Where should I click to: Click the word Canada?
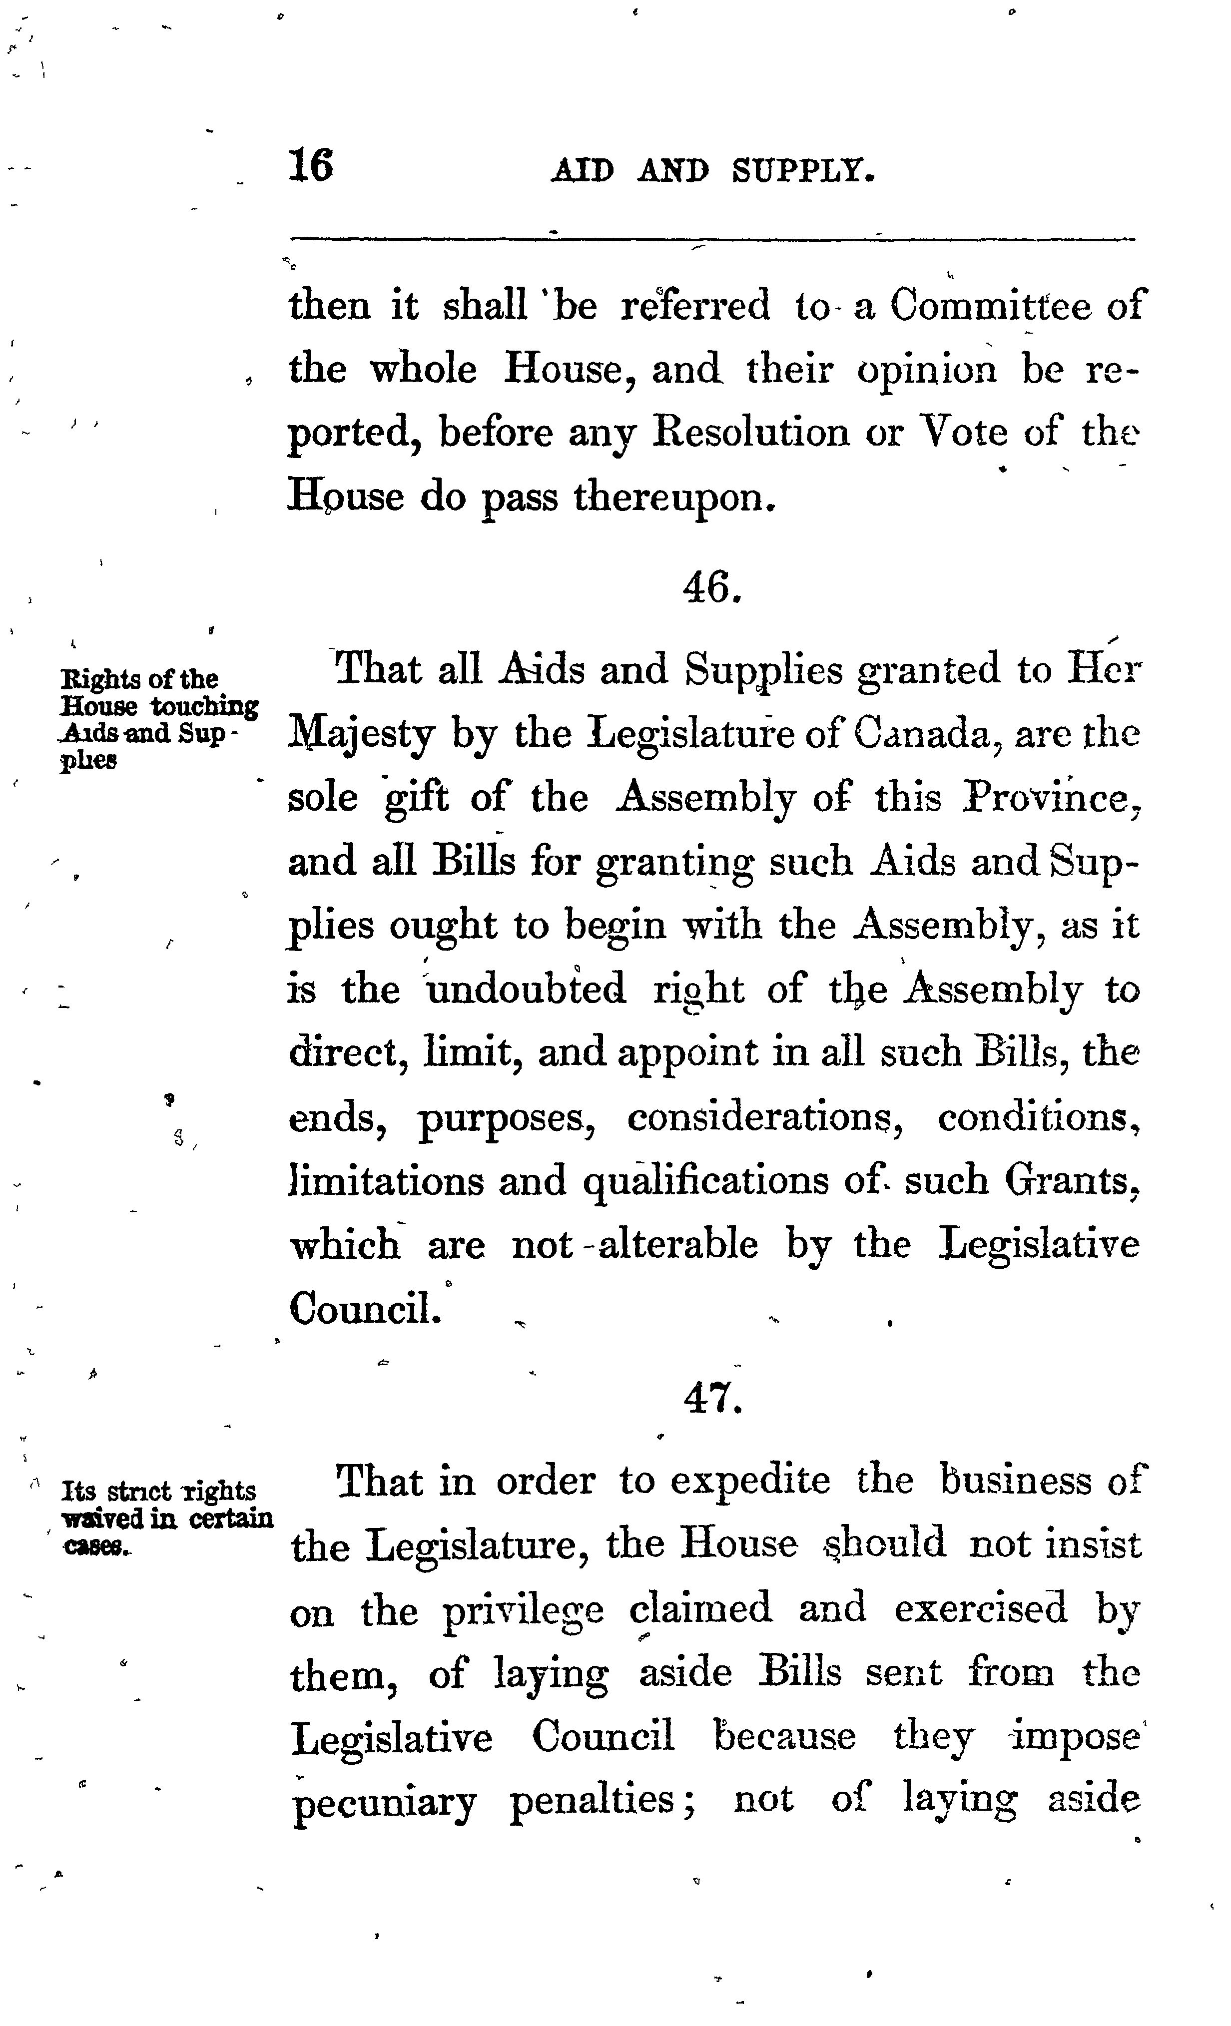coord(923,733)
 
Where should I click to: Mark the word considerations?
coord(764,1116)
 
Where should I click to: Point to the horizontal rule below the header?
coord(712,239)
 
